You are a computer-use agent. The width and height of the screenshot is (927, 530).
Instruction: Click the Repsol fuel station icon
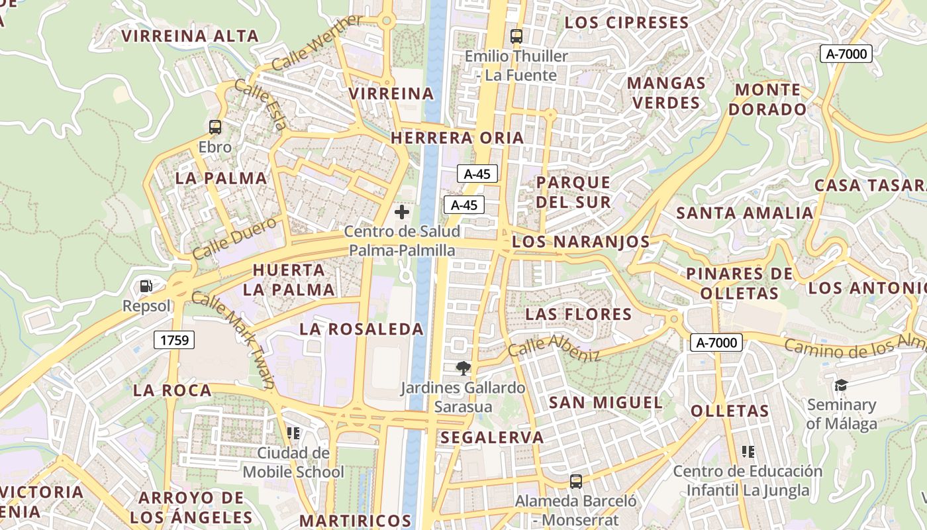146,286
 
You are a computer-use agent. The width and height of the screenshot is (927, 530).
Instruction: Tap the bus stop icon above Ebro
215,127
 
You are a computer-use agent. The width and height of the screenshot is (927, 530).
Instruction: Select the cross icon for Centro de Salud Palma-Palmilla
401,212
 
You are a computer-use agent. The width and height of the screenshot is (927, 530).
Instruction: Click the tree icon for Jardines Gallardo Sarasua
463,368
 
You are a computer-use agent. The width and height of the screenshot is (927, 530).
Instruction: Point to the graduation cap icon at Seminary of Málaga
841,385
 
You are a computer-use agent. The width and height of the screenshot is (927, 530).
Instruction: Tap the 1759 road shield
175,341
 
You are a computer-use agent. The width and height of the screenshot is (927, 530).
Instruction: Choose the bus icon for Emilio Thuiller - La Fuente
516,36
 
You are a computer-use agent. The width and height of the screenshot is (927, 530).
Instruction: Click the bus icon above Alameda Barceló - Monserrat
576,482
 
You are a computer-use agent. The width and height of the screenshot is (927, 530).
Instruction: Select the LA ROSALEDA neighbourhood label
361,329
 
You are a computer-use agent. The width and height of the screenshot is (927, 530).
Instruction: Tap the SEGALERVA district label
491,437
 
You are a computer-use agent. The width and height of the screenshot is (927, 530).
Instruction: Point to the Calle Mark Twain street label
233,339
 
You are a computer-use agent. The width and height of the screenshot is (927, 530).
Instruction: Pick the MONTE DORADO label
768,99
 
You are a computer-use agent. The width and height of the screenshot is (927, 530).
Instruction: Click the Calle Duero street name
234,238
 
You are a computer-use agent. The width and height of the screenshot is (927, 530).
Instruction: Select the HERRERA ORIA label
458,138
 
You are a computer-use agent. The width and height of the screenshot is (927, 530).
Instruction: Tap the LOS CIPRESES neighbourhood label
626,23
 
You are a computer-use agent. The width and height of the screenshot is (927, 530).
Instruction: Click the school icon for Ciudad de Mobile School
293,433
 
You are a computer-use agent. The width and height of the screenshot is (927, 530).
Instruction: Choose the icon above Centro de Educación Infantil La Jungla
748,452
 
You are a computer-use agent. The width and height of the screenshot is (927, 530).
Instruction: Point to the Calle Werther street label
317,42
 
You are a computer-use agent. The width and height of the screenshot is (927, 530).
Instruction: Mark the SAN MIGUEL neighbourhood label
605,403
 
